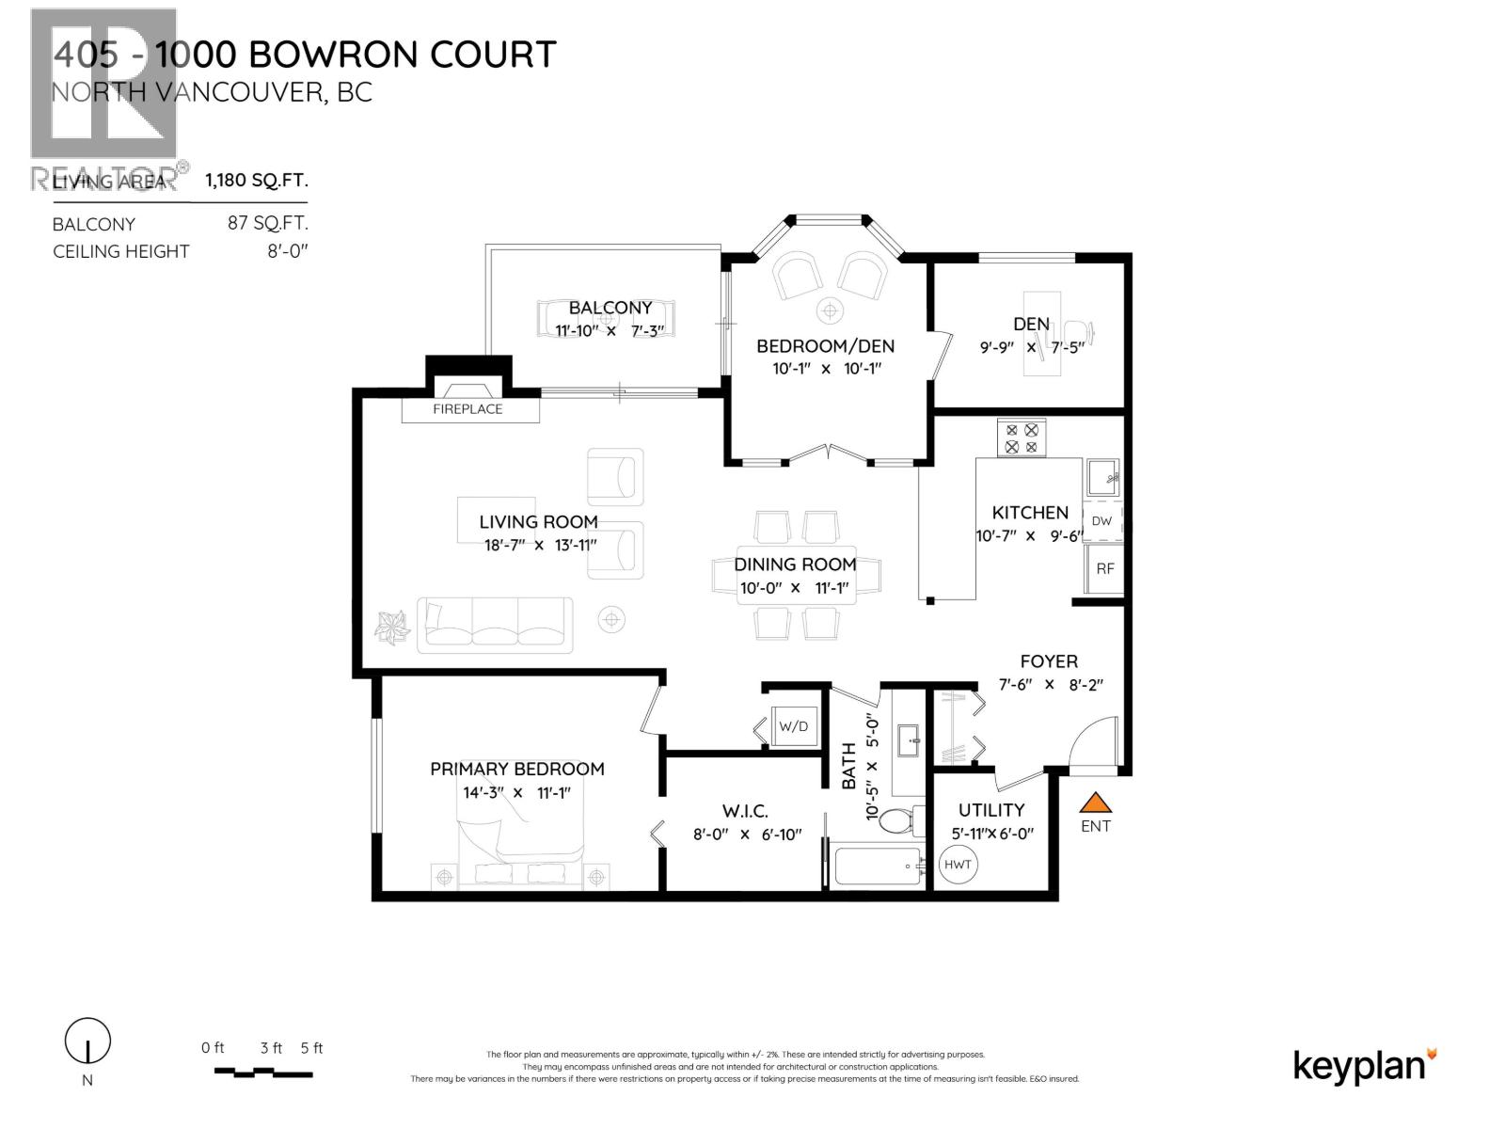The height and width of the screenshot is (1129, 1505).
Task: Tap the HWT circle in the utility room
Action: point(958,865)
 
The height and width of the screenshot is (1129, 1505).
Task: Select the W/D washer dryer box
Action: point(794,726)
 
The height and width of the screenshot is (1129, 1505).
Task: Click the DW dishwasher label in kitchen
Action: point(1101,521)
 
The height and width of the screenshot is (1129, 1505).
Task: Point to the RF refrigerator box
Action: point(1104,568)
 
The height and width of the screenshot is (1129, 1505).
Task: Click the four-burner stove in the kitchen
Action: point(1022,438)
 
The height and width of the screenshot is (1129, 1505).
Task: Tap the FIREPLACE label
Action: point(467,409)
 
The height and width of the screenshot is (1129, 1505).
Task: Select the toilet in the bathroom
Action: point(905,819)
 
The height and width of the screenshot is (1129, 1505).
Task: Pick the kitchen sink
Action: point(1101,477)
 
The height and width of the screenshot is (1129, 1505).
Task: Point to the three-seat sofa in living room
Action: point(495,625)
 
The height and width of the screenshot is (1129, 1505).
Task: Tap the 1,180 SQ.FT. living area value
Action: point(257,180)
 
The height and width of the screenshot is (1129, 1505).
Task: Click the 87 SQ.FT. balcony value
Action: point(267,223)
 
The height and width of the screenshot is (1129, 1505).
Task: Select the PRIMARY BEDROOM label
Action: point(516,769)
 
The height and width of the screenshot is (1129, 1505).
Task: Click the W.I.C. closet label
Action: point(745,811)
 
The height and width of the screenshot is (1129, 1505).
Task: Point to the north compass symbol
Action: point(87,1042)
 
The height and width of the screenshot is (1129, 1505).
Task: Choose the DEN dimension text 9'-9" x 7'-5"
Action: point(1032,347)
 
